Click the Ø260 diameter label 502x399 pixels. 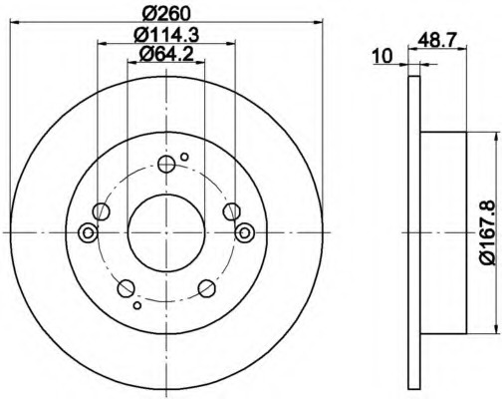point(166,13)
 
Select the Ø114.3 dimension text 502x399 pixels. point(166,35)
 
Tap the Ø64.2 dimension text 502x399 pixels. point(166,54)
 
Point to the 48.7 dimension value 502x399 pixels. point(437,40)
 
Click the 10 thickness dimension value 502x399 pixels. point(382,56)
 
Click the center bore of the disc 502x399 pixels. point(166,232)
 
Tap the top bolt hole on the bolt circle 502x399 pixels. point(166,164)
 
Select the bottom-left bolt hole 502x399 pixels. point(126,288)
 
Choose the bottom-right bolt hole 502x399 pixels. point(206,288)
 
